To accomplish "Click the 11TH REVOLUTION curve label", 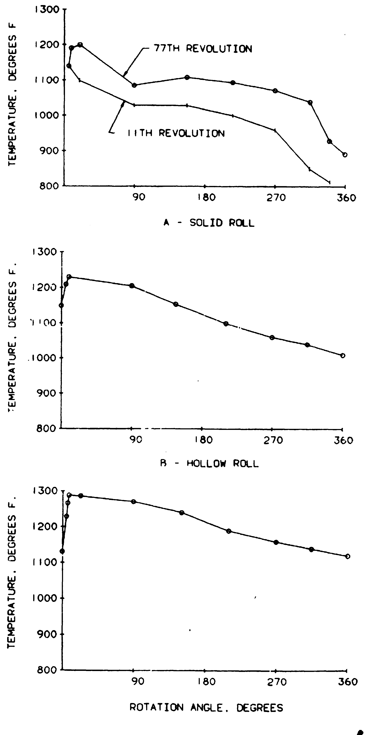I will (x=176, y=133).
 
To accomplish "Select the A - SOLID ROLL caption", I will (x=209, y=223).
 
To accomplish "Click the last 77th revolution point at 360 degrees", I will (x=345, y=155).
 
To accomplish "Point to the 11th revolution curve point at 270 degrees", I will (x=275, y=130).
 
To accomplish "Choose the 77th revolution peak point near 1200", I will (x=80, y=45).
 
